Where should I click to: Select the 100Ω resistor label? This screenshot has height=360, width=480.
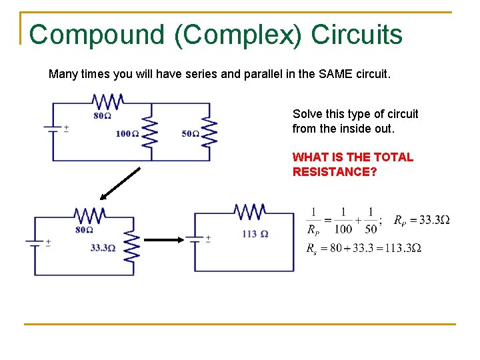(127, 134)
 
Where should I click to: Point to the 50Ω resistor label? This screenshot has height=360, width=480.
(190, 134)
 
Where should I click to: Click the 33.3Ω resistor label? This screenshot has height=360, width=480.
(103, 248)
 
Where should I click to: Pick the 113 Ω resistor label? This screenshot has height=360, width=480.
(255, 233)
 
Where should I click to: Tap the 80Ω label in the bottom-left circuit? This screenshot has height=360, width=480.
(84, 230)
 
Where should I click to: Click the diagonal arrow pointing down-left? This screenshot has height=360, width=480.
(120, 183)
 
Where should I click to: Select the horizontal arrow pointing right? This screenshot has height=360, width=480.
(163, 240)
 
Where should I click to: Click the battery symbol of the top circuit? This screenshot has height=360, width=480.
(53, 127)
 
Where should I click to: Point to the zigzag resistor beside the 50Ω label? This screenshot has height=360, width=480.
(209, 133)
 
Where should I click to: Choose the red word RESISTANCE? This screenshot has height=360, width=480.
(335, 172)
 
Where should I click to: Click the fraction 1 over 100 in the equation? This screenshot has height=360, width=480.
(343, 221)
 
